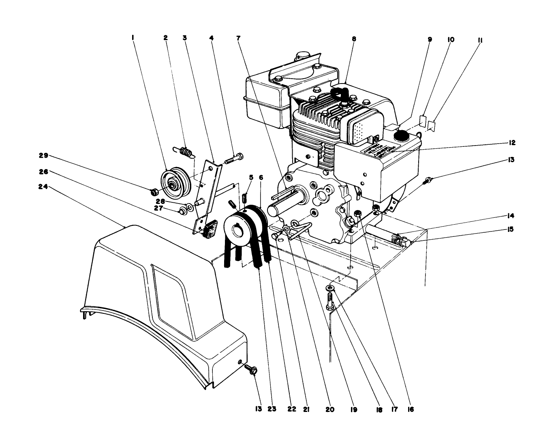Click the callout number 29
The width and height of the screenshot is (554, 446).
pos(44,155)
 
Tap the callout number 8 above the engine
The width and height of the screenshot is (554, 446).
pos(354,39)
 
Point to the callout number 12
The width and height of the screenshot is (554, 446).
pos(511,143)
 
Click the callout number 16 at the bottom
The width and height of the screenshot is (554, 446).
pos(410,410)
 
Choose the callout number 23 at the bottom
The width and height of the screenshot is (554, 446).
pos(272,410)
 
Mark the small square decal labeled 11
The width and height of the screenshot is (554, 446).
pos(432,127)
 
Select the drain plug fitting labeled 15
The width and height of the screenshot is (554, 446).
pos(406,242)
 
